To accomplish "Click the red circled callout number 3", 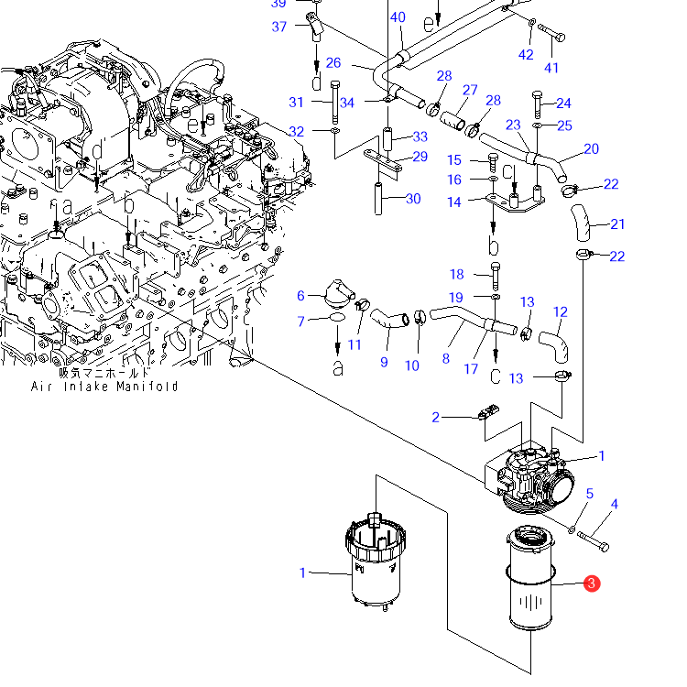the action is [x=592, y=583].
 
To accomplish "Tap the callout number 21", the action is [x=617, y=224].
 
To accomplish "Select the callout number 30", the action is [x=413, y=199].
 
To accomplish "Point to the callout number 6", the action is [x=300, y=296].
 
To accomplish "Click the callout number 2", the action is [x=435, y=417].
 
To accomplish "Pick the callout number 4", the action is [x=615, y=505].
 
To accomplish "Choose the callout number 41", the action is [x=551, y=68].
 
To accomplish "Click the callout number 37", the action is [x=279, y=27].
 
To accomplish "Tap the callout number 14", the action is [x=454, y=202].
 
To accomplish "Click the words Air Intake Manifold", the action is [x=104, y=387].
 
